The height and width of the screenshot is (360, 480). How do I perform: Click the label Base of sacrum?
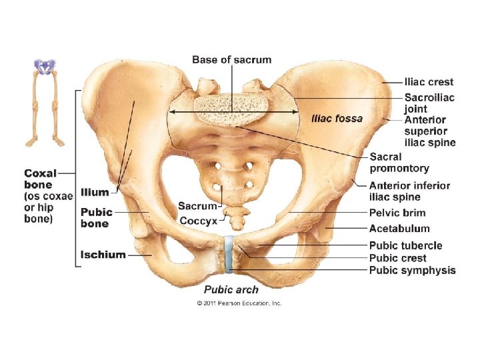(x=231, y=60)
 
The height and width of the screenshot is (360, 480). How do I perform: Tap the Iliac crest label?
(x=429, y=82)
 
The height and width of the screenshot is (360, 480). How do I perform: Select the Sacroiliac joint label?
(x=429, y=103)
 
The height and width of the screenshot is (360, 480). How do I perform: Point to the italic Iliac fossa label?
(x=337, y=119)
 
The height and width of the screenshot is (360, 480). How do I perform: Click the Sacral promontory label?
(x=399, y=163)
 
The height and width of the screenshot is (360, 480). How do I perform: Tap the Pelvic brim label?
(x=397, y=213)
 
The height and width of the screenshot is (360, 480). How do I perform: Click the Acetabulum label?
(x=399, y=229)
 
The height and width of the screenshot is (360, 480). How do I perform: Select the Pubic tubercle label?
(x=405, y=246)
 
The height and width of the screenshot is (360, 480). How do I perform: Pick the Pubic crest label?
(x=397, y=258)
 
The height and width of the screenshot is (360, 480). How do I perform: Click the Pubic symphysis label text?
(x=412, y=270)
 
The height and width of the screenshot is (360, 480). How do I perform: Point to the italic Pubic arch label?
(x=231, y=289)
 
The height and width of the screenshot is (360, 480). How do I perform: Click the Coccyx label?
(x=198, y=220)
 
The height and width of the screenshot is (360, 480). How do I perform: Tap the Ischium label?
(x=103, y=254)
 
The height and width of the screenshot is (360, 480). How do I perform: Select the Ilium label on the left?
(x=95, y=192)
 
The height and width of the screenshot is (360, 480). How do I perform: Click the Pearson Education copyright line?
(x=239, y=303)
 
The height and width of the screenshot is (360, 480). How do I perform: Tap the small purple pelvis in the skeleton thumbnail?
(x=45, y=65)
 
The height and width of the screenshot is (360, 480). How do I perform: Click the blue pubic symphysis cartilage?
(x=229, y=253)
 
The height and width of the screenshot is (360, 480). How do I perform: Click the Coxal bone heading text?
(x=40, y=179)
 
